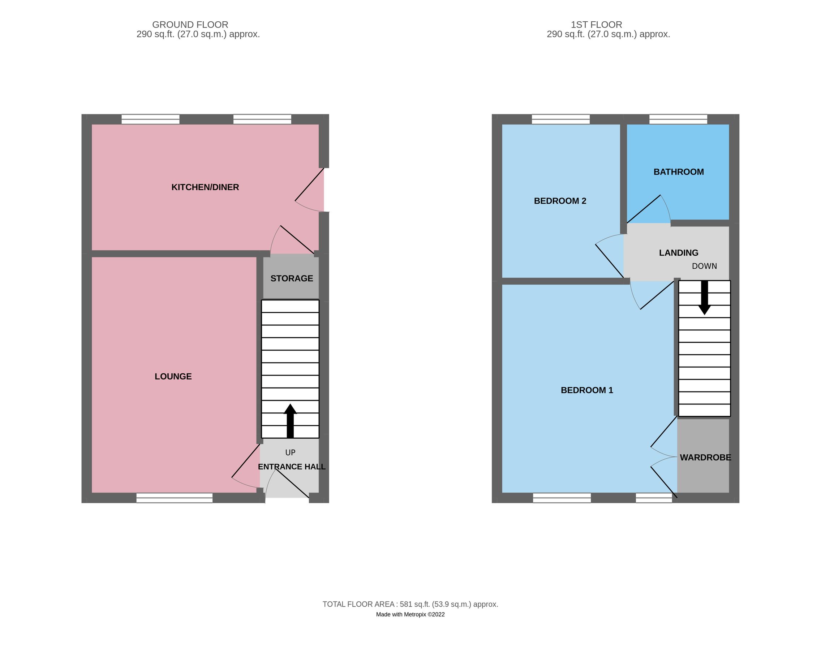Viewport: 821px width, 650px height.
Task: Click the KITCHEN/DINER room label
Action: [205, 187]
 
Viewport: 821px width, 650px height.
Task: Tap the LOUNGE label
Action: [173, 376]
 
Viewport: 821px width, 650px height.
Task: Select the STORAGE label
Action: [292, 278]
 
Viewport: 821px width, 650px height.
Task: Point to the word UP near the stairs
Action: [290, 452]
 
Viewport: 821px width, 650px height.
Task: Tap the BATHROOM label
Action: [679, 172]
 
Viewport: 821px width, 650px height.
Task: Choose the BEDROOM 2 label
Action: [560, 201]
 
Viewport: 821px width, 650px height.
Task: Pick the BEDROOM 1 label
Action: [587, 390]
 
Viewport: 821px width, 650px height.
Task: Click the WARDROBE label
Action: [705, 458]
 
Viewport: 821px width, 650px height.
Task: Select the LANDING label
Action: [679, 253]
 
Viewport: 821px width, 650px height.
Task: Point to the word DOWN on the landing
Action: [704, 266]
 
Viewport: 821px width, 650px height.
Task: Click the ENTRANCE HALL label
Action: [292, 467]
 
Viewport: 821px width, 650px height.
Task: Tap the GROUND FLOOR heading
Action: [190, 25]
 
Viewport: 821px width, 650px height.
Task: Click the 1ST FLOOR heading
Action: [596, 25]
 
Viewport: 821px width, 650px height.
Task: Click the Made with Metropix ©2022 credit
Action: [410, 615]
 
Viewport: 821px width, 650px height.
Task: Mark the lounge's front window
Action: [175, 498]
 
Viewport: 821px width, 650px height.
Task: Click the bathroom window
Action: [678, 119]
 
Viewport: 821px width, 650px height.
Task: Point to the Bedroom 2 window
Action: [560, 119]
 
